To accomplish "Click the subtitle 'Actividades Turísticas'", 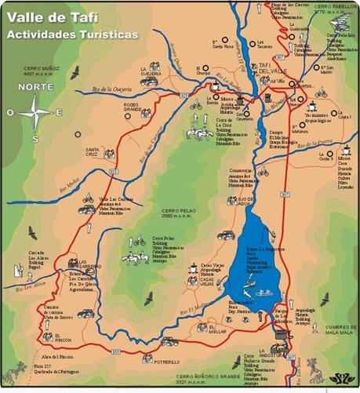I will coord(71,35).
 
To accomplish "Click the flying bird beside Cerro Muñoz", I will coord(75,73).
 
